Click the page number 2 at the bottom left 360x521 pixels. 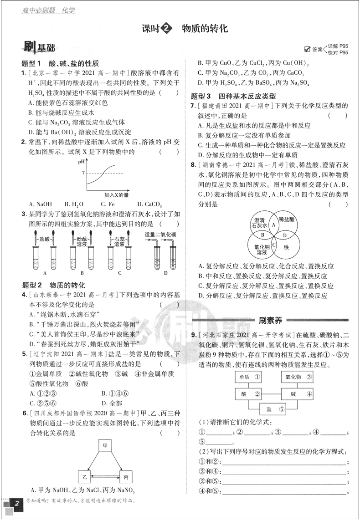17,503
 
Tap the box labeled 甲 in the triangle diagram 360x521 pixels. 104,446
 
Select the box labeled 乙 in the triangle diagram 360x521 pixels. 84,477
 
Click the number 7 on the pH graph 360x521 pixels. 83,173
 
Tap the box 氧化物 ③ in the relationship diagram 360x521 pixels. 299,377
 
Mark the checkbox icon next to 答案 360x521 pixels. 307,49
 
